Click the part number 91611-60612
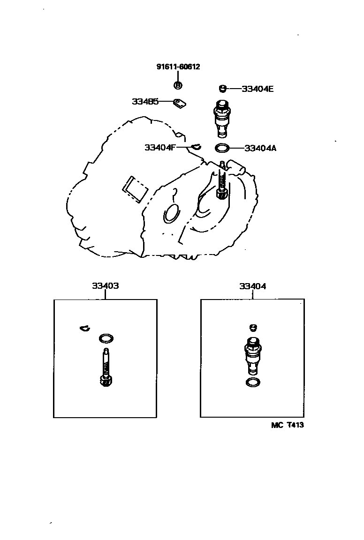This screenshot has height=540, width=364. pyautogui.click(x=178, y=67)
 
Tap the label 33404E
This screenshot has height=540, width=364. pyautogui.click(x=257, y=88)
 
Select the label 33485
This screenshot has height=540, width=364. pyautogui.click(x=145, y=101)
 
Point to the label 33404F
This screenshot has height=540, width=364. pyautogui.click(x=160, y=147)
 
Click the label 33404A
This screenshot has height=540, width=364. pyautogui.click(x=260, y=148)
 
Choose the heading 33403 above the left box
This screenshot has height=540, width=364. pyautogui.click(x=105, y=286)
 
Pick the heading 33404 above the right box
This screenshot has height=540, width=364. pyautogui.click(x=252, y=286)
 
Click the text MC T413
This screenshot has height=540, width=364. pyautogui.click(x=284, y=425)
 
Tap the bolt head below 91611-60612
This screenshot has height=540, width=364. pyautogui.click(x=178, y=85)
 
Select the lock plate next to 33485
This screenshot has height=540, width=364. pyautogui.click(x=180, y=103)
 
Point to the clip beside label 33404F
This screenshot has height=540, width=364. pyautogui.click(x=196, y=147)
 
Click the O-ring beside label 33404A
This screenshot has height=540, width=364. pyautogui.click(x=222, y=149)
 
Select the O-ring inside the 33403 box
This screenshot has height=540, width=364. pyautogui.click(x=106, y=338)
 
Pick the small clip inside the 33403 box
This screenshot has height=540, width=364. pyautogui.click(x=84, y=328)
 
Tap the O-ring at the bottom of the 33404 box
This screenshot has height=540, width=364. pyautogui.click(x=253, y=382)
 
